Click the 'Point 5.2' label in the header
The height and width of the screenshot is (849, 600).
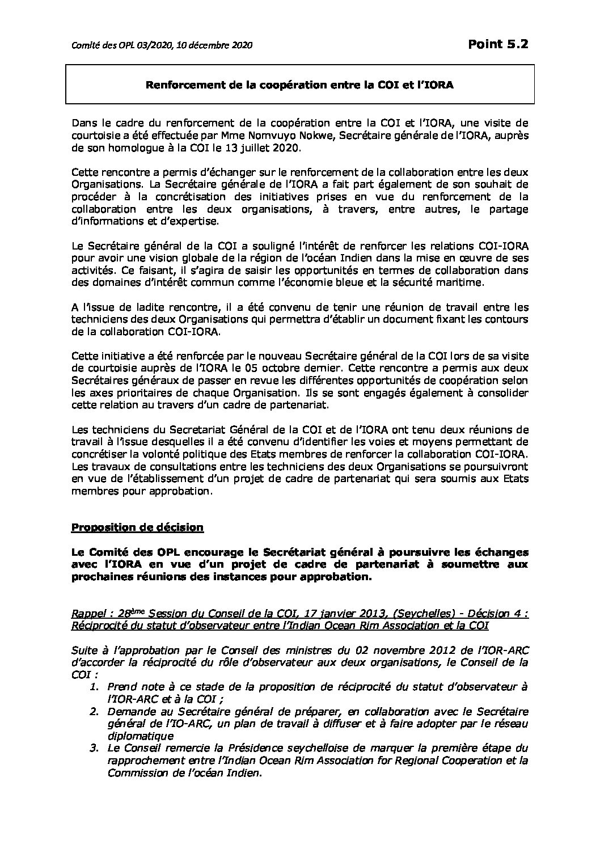498,44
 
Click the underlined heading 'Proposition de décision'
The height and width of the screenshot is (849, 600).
137,527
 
